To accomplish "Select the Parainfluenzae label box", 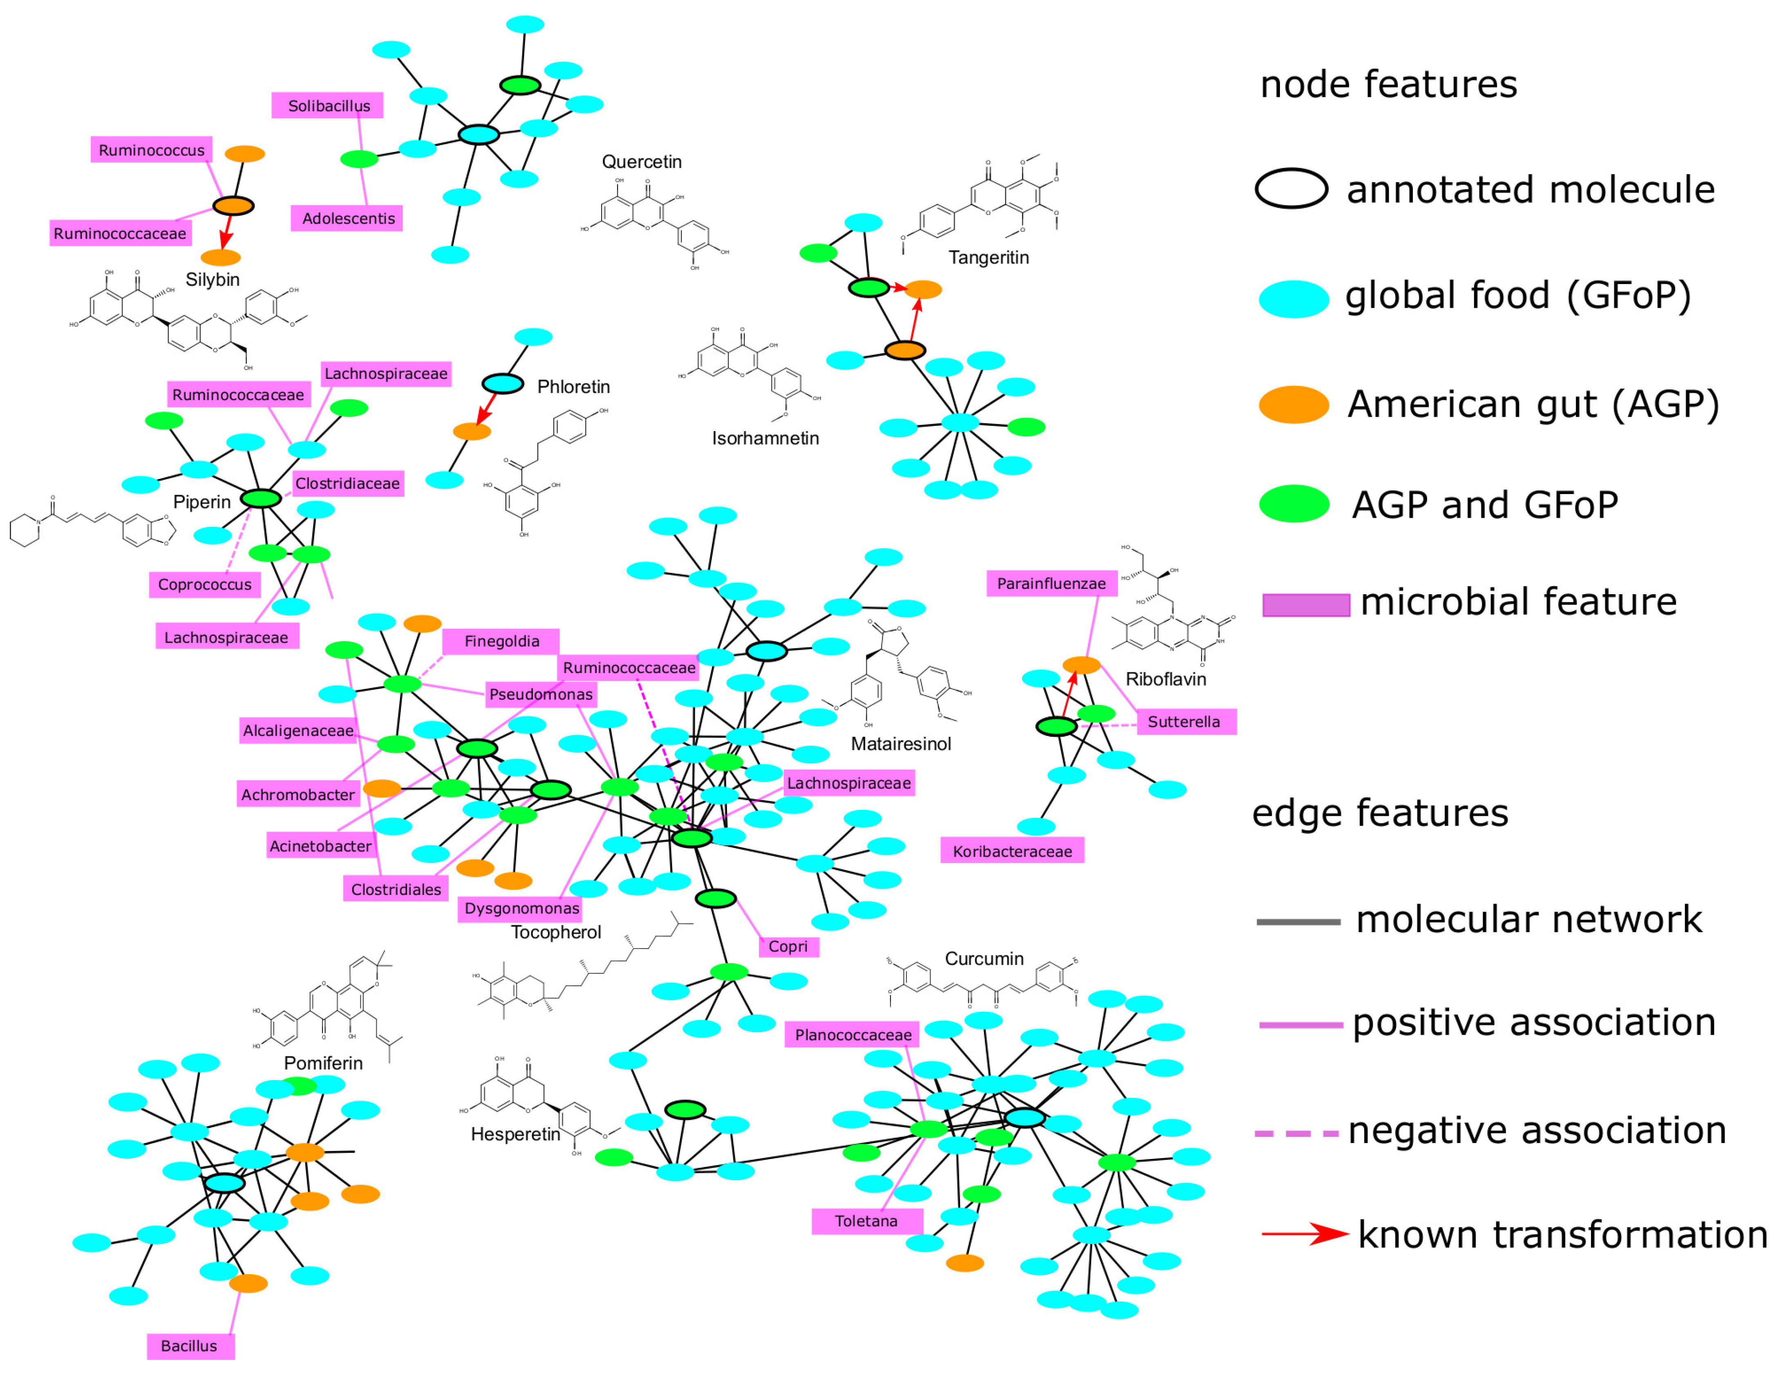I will click(1051, 583).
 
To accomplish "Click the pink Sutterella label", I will click(1185, 722).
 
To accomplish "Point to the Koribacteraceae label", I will click(1012, 851).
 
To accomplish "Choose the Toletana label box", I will click(866, 1221).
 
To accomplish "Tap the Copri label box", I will click(788, 946).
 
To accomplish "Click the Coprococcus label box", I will click(205, 585).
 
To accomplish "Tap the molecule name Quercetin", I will click(642, 161).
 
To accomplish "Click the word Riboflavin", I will click(1165, 679).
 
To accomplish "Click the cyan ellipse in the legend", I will click(1293, 298).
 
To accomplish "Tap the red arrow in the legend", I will click(1305, 1234).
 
